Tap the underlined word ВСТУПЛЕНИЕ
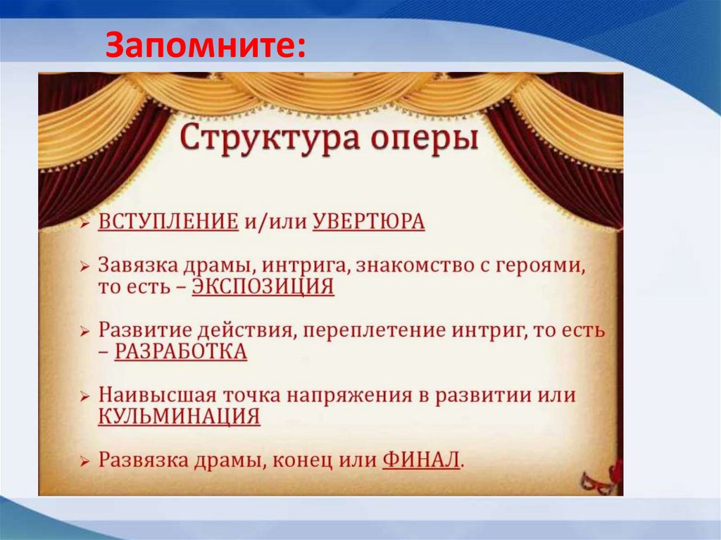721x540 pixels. (168, 222)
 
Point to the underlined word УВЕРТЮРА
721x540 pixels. (368, 222)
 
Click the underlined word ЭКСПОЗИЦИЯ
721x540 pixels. (263, 287)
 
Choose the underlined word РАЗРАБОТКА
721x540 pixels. (180, 351)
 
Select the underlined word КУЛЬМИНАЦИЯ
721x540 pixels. (179, 416)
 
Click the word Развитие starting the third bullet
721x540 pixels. (139, 331)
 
